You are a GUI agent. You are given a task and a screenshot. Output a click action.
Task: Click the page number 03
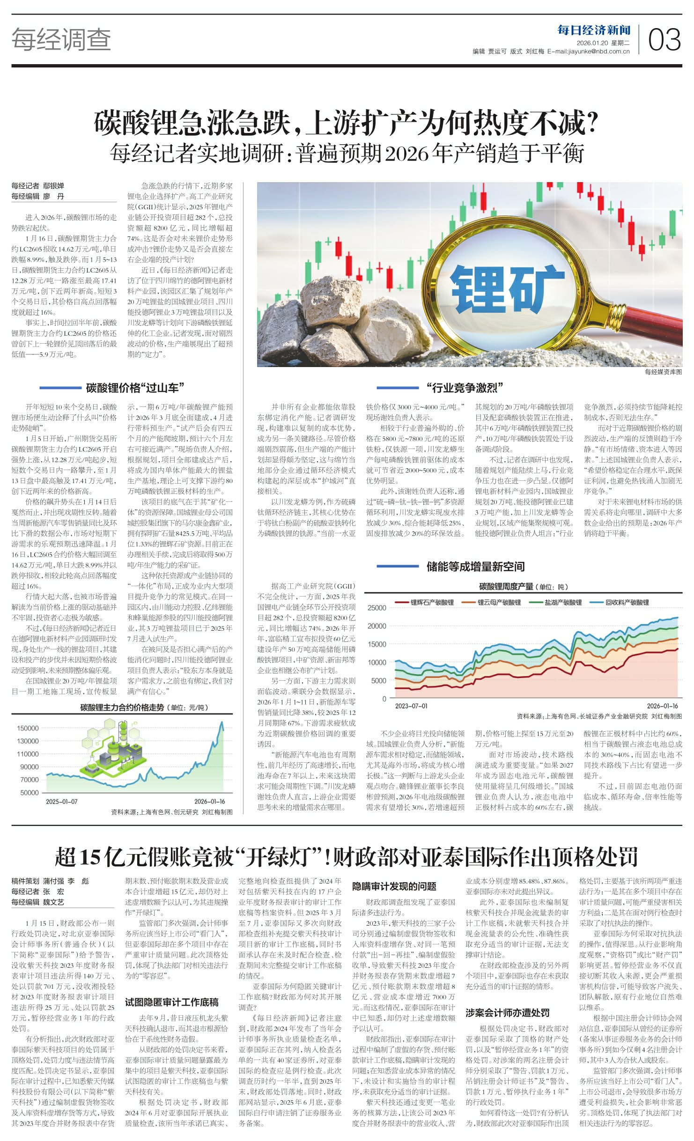click(664, 40)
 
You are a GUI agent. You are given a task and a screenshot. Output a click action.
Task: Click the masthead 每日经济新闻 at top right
click(594, 30)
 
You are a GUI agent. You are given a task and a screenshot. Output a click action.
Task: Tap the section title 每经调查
click(61, 39)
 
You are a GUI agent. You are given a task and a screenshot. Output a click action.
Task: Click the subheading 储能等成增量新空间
click(475, 567)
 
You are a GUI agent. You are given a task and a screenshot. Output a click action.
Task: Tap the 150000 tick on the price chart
click(28, 728)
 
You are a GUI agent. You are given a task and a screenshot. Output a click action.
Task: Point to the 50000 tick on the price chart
click(30, 793)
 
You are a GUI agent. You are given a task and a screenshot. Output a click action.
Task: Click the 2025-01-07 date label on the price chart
click(62, 802)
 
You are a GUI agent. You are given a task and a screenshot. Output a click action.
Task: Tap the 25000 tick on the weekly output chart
click(377, 608)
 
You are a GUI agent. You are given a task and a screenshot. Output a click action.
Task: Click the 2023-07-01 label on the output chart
click(411, 706)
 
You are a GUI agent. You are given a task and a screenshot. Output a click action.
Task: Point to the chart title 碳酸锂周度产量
click(506, 587)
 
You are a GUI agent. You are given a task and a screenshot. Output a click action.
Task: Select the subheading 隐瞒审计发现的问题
click(394, 886)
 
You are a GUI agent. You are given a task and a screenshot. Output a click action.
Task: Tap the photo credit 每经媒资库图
click(663, 372)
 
